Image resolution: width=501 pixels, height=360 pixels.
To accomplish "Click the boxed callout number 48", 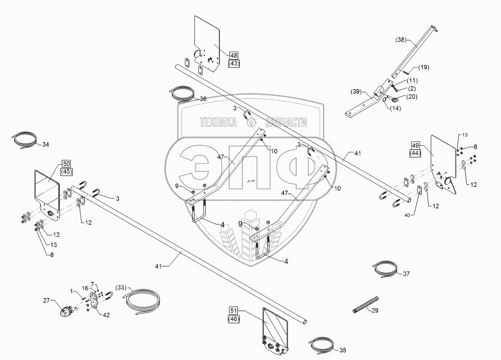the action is point(234,56).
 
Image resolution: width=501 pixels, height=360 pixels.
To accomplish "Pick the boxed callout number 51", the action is point(234,310).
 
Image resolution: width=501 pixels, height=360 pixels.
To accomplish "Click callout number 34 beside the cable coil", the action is point(45,144).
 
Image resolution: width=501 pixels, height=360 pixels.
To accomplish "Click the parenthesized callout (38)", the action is point(401,40).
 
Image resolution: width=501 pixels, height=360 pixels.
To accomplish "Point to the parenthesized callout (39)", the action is point(356,92).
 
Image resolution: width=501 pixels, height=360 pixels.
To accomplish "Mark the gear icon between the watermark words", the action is point(250,122).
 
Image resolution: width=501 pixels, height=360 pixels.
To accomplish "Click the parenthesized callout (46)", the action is point(234,319).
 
